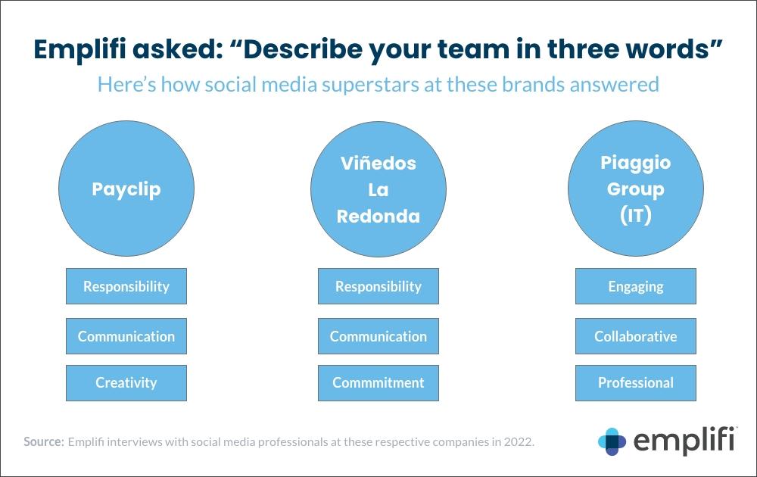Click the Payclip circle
point(126,189)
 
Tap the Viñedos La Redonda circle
point(378,189)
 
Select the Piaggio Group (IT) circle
point(636,189)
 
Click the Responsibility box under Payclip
point(126,286)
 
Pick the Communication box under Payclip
point(126,336)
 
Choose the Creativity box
point(126,383)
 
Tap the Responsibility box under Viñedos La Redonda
point(378,286)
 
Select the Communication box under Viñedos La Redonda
point(378,336)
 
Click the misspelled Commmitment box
point(378,383)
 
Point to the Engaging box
point(636,286)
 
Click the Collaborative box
point(636,336)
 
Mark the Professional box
point(636,383)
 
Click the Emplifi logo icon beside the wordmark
point(612,441)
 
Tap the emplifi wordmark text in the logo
point(685,440)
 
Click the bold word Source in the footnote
point(44,441)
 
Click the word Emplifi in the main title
point(79,49)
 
